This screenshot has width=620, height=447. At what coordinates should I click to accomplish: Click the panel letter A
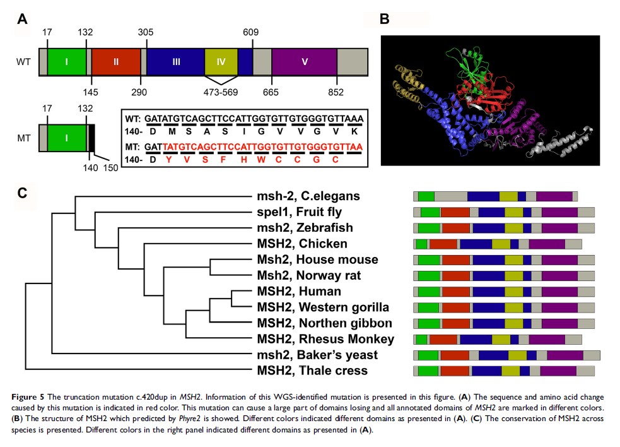tap(23, 19)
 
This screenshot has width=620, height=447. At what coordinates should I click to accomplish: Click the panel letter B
tap(385, 19)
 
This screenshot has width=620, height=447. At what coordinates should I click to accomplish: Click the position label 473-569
tap(221, 93)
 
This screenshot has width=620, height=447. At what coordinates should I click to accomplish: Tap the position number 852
tap(336, 93)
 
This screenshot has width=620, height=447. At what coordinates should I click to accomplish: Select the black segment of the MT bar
tap(91, 137)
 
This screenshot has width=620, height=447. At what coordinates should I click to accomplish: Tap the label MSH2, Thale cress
tap(312, 371)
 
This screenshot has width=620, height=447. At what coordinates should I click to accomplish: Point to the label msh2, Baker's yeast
tap(313, 355)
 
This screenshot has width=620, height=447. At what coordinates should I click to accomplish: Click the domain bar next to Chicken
tap(498, 244)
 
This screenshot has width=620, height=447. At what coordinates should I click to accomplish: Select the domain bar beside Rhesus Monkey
tap(498, 339)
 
